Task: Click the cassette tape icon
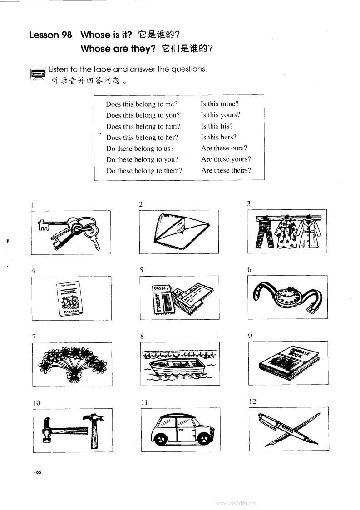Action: click(x=38, y=74)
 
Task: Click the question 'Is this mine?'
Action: click(x=220, y=104)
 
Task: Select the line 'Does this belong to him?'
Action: click(x=143, y=126)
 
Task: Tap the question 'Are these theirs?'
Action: click(x=226, y=171)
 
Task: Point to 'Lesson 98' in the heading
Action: click(x=50, y=35)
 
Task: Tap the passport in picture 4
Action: click(x=71, y=298)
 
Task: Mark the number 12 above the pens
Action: click(x=253, y=401)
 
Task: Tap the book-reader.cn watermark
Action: click(x=235, y=503)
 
